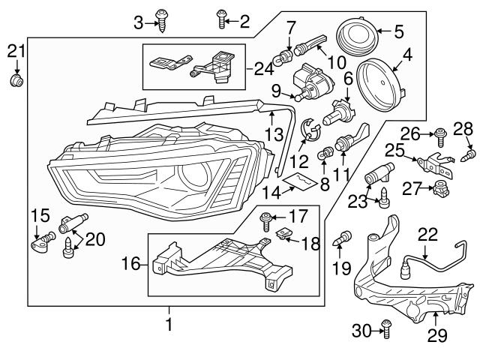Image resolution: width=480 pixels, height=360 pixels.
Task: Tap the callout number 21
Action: [16, 51]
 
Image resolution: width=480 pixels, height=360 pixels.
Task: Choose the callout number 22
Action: [427, 234]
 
